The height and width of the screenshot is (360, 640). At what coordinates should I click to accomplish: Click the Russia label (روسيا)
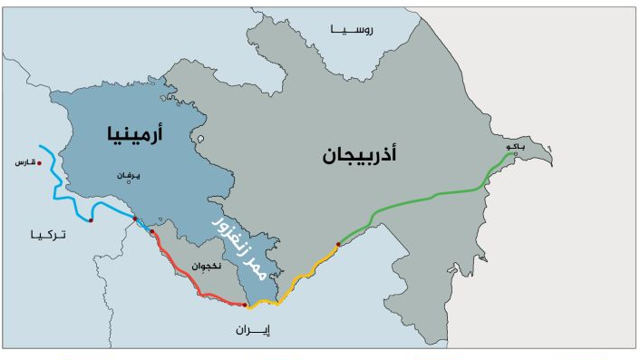(357, 30)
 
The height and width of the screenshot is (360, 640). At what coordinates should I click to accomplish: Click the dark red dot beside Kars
(39, 163)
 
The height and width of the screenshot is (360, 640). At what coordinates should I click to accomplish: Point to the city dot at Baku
(516, 154)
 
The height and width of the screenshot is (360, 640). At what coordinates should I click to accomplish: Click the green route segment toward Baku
(426, 197)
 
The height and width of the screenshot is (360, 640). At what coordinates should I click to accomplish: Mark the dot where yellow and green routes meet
(338, 244)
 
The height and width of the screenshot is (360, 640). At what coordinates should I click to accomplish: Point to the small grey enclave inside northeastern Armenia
(199, 141)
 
